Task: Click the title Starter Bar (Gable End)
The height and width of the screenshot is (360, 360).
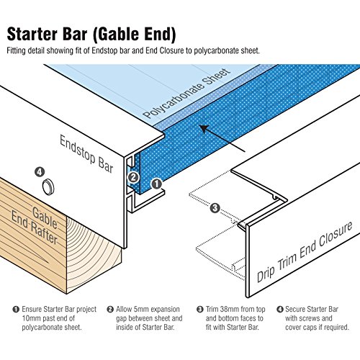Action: click(91, 34)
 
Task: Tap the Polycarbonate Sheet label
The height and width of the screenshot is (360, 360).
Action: click(186, 94)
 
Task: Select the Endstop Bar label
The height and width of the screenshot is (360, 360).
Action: click(86, 154)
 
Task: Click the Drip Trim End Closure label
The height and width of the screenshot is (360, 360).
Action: click(305, 252)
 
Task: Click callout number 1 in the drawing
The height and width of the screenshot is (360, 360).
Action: click(156, 184)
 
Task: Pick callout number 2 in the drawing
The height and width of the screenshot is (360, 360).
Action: click(133, 177)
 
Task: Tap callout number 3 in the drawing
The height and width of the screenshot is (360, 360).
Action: click(215, 208)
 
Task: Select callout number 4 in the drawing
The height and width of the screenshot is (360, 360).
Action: click(40, 172)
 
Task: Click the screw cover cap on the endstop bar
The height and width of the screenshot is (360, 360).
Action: click(48, 186)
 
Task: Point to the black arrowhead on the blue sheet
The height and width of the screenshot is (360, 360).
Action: click(204, 129)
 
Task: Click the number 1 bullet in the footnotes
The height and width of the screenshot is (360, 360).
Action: click(16, 309)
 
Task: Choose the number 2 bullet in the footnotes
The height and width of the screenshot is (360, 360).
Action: click(110, 309)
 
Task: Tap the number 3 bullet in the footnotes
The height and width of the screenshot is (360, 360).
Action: click(200, 309)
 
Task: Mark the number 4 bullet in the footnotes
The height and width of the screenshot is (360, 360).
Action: click(280, 309)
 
